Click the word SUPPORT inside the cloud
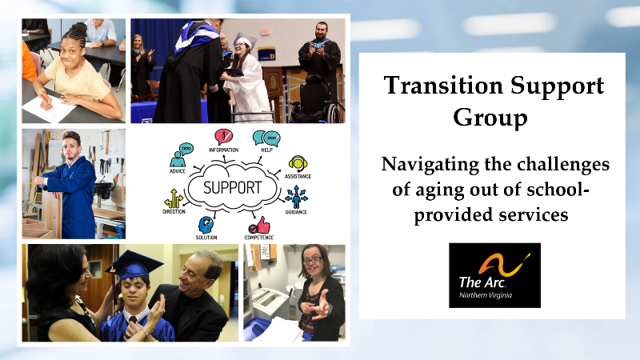pyautogui.click(x=232, y=188)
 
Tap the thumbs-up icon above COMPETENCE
pyautogui.click(x=260, y=226)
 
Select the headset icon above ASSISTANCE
pyautogui.click(x=298, y=164)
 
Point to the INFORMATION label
pyautogui.click(x=224, y=150)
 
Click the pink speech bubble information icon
pyautogui.click(x=223, y=137)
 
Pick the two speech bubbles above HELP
pyautogui.click(x=266, y=138)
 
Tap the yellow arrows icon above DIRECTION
pyautogui.click(x=174, y=198)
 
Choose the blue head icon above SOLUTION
pyautogui.click(x=206, y=225)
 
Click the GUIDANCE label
pyautogui.click(x=296, y=212)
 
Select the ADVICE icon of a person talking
pyautogui.click(x=181, y=155)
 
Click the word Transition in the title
pyautogui.click(x=443, y=86)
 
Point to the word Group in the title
pyautogui.click(x=490, y=118)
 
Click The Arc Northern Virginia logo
pyautogui.click(x=494, y=275)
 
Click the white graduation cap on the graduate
pyautogui.click(x=246, y=41)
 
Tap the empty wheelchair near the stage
pyautogui.click(x=315, y=100)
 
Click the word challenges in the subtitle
pyautogui.click(x=563, y=165)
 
